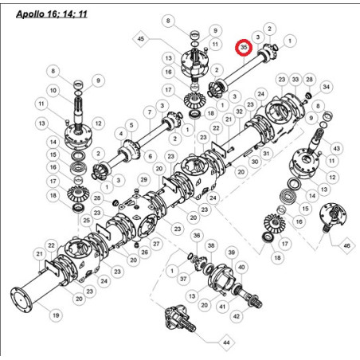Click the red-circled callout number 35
click(x=244, y=48)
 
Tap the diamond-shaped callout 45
click(x=141, y=39)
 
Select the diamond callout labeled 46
click(x=347, y=246)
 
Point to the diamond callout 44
click(x=226, y=342)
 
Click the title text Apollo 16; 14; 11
click(x=52, y=14)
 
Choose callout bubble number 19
click(x=56, y=315)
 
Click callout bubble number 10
click(x=53, y=91)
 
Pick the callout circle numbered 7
click(x=150, y=112)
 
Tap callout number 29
click(x=143, y=180)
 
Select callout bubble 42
click(x=237, y=316)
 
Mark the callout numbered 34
click(x=326, y=87)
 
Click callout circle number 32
click(x=240, y=112)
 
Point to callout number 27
click(x=156, y=244)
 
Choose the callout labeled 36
click(x=197, y=236)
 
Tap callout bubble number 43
click(x=337, y=148)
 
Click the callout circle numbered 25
click(x=87, y=221)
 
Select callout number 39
click(x=232, y=252)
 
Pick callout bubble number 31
click(x=266, y=154)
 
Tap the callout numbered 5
click(x=131, y=125)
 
